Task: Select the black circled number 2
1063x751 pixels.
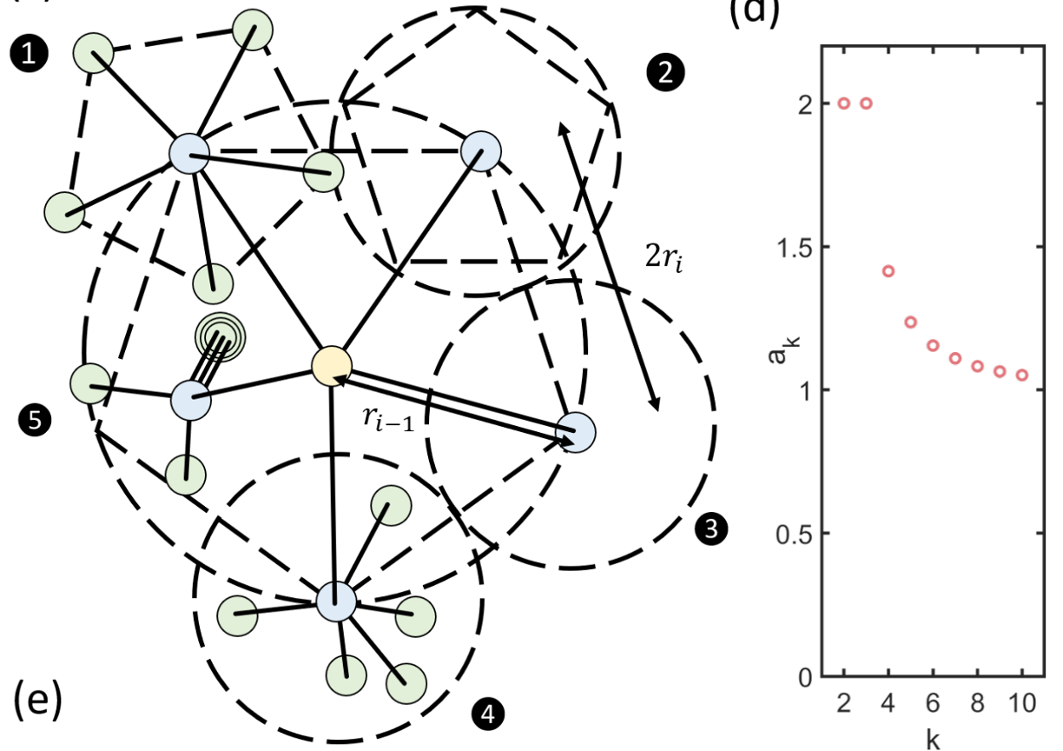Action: pyautogui.click(x=665, y=74)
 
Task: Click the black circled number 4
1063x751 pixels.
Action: pyautogui.click(x=488, y=714)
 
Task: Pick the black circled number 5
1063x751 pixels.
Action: pyautogui.click(x=35, y=420)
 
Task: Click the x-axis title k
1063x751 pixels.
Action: pyautogui.click(x=932, y=740)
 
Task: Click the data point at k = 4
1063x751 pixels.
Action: pyautogui.click(x=888, y=271)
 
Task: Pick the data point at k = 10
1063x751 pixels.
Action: pyautogui.click(x=1022, y=375)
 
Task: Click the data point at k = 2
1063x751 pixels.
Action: pyautogui.click(x=844, y=103)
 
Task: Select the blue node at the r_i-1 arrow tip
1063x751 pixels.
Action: pyautogui.click(x=574, y=431)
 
